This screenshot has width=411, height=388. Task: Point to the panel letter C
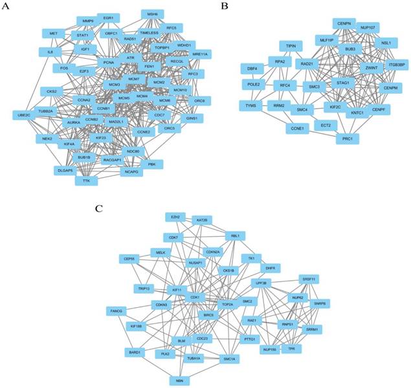click(98, 208)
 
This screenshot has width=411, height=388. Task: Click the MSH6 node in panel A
click(153, 14)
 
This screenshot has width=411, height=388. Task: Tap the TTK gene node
click(87, 182)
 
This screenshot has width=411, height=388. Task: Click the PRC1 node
click(346, 138)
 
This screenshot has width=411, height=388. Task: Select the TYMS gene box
click(250, 105)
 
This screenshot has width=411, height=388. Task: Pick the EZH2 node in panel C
click(174, 217)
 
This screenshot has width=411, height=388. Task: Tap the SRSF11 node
click(309, 279)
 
